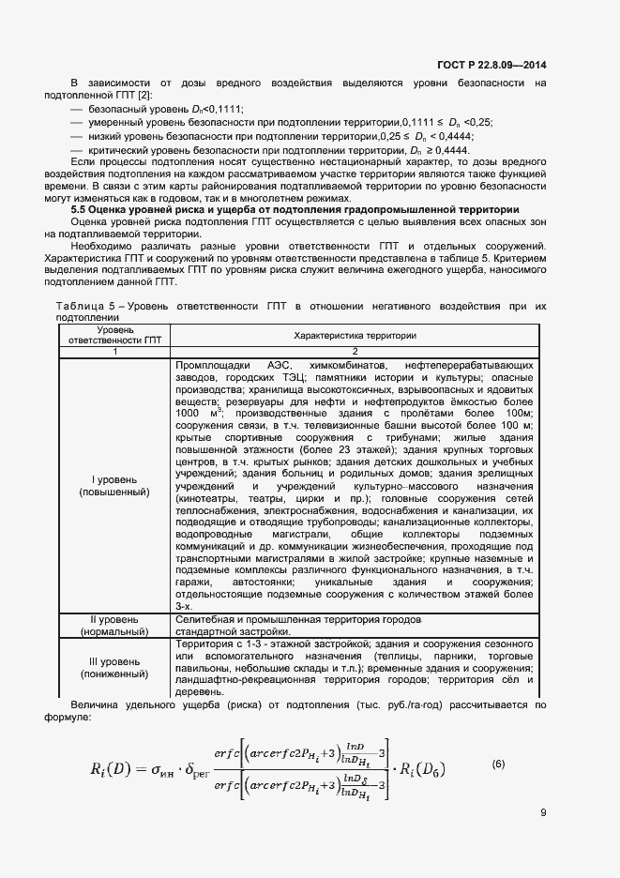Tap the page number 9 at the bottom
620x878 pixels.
[x=543, y=813]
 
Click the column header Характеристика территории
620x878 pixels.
[x=355, y=335]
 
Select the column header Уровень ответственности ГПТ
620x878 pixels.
[x=114, y=335]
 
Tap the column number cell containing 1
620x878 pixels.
[x=114, y=351]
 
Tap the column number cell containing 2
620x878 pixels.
[x=355, y=351]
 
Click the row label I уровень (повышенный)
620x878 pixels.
[x=114, y=485]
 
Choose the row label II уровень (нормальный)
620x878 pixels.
[x=114, y=626]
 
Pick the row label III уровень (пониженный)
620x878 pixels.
[x=114, y=667]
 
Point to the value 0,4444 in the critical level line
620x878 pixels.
[x=453, y=150]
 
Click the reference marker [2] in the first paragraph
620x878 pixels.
[x=144, y=96]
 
